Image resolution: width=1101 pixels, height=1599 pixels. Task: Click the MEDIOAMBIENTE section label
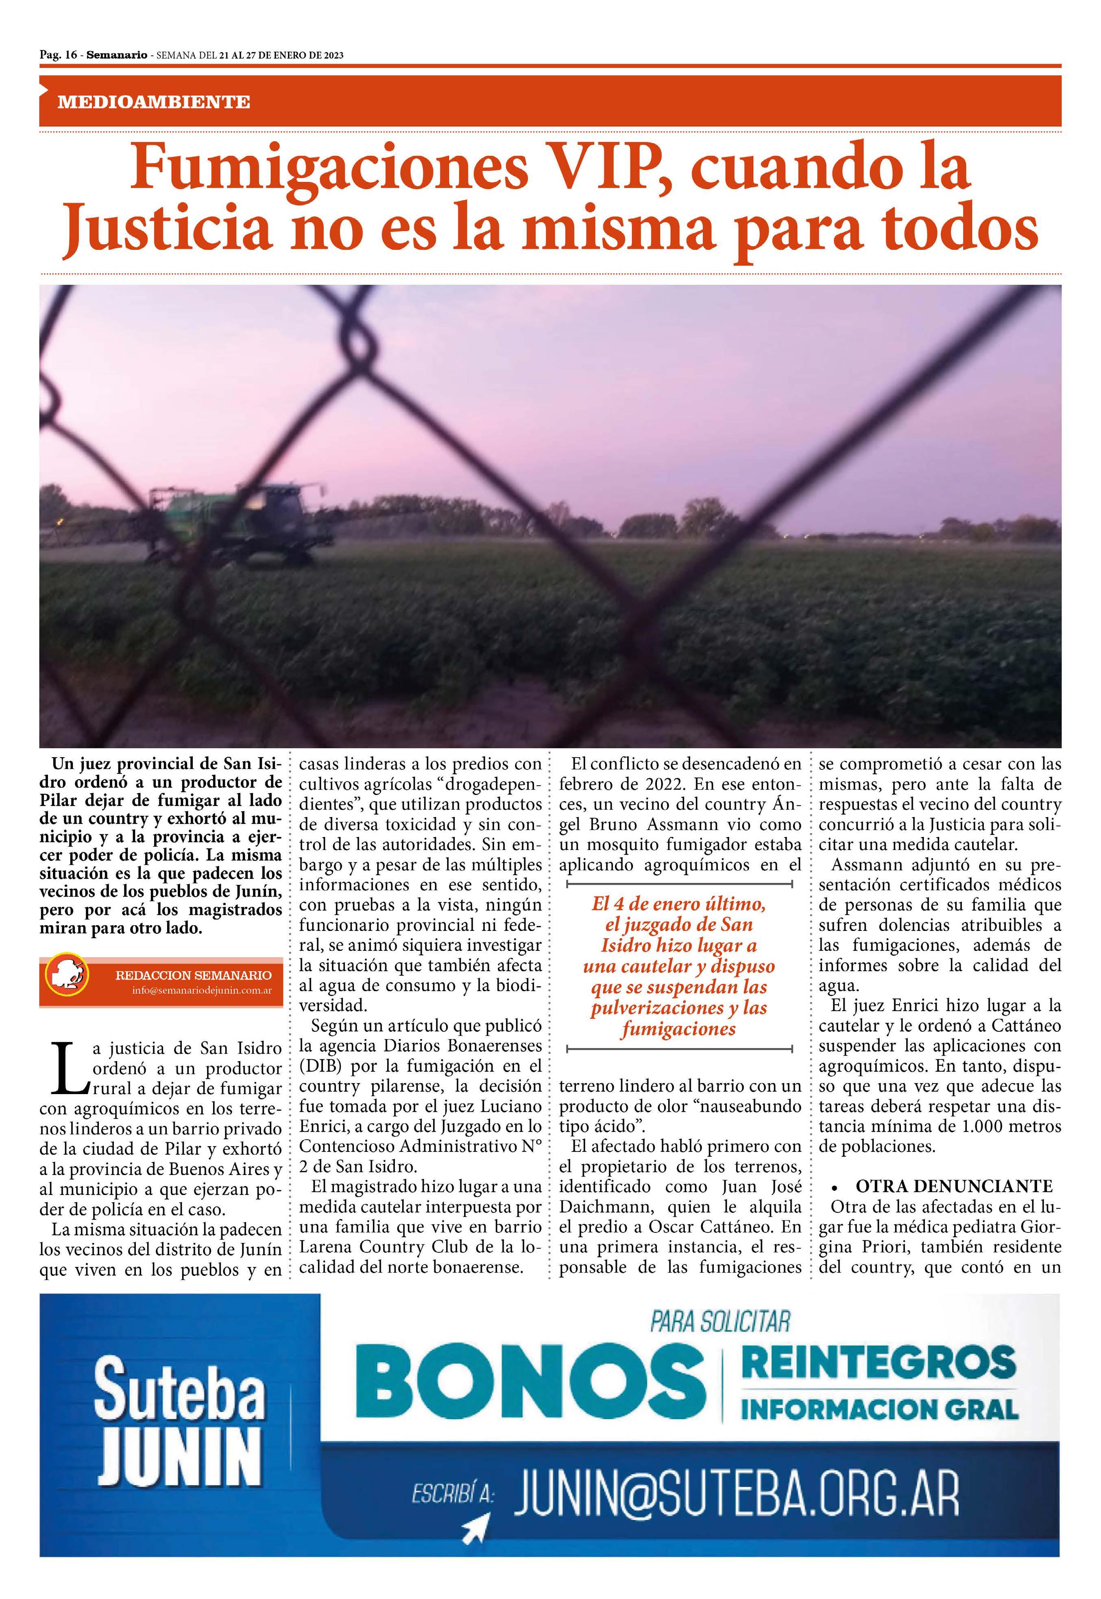click(154, 102)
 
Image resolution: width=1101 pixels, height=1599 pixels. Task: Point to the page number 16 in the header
click(70, 55)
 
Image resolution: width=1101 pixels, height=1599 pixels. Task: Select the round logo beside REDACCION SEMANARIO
click(66, 980)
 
